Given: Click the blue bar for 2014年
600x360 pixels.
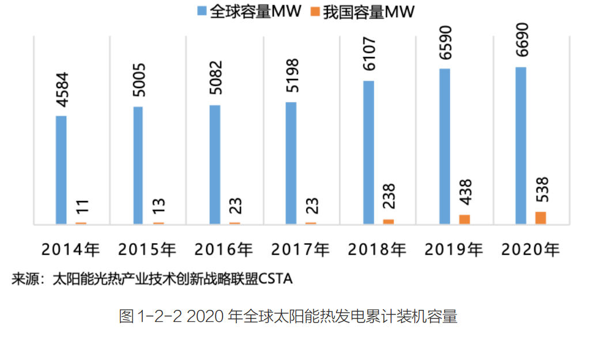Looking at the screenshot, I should [x=61, y=169].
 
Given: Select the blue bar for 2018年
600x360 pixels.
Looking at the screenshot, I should [x=368, y=152].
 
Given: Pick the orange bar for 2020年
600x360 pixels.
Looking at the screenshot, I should [x=540, y=218].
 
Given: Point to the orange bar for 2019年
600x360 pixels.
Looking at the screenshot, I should [x=464, y=219].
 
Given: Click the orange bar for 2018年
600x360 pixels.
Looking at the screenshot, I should [x=388, y=221].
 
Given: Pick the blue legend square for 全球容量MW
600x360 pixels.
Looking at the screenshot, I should [x=202, y=12].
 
